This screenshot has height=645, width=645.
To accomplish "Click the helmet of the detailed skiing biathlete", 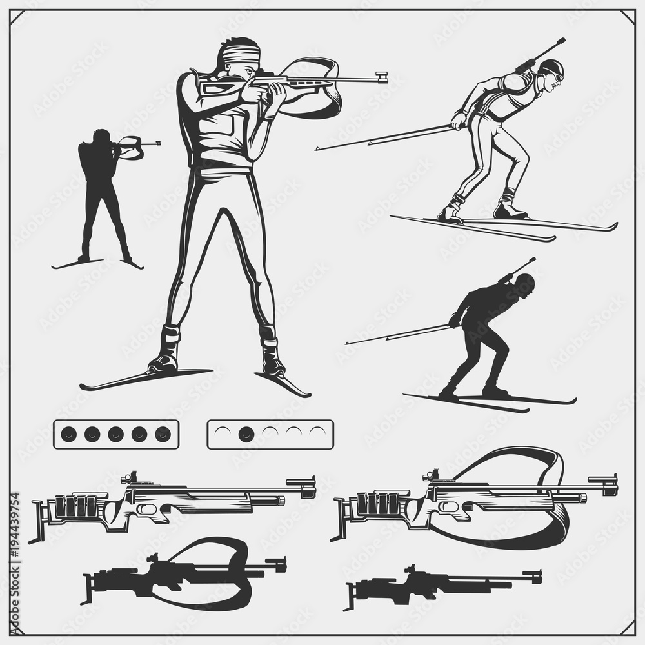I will point(551,66).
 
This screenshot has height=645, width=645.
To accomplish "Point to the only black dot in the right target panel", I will point(246,434).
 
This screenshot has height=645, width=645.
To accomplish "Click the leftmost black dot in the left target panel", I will point(69,434).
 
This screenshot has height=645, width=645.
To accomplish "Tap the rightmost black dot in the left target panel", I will point(163,434).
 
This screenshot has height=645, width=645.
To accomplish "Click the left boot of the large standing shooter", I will point(165,352).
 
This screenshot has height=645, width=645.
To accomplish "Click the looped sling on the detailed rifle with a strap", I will point(516,464).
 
